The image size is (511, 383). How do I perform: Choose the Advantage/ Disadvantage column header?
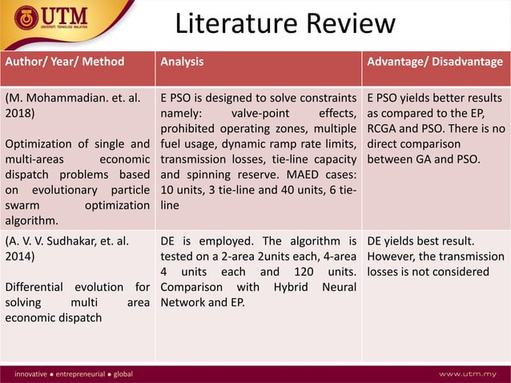(x=435, y=62)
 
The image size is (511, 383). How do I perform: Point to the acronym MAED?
(x=292, y=175)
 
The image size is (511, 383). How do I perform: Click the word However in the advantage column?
(x=393, y=257)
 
